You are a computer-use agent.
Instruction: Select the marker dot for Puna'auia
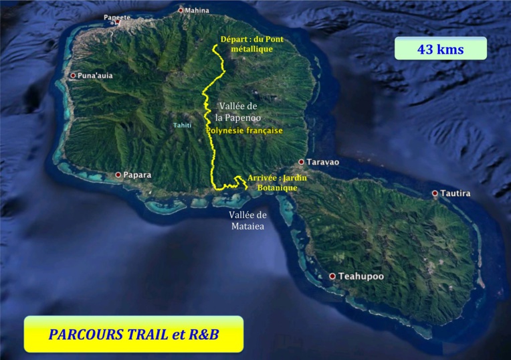point(73,76)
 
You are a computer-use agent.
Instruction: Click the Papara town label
point(137,175)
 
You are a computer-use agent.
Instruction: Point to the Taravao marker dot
point(302,162)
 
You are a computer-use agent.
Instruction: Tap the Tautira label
point(455,193)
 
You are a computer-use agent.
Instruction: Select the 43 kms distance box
point(440,49)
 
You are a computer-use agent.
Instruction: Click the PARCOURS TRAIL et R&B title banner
point(134,334)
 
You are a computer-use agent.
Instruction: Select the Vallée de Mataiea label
point(247,221)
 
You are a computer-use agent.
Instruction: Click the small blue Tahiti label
point(182,125)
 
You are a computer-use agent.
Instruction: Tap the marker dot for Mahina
point(181,10)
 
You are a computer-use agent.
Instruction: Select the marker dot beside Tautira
point(435,193)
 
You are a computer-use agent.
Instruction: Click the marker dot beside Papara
point(118,175)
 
